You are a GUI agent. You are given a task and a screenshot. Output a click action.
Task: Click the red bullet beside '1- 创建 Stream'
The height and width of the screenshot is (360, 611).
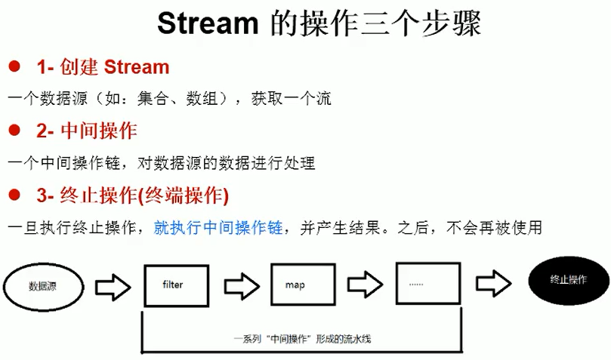[13, 67]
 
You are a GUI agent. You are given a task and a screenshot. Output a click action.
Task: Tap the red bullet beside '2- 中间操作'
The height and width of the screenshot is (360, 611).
[13, 131]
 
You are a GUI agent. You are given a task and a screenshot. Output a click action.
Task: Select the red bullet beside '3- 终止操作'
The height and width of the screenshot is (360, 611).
[13, 195]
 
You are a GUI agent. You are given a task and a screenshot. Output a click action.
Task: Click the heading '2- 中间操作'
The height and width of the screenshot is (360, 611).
[86, 131]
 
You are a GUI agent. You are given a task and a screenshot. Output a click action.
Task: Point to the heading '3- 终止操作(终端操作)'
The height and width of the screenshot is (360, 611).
[132, 196]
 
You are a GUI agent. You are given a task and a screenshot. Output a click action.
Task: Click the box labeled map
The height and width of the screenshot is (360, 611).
[301, 285]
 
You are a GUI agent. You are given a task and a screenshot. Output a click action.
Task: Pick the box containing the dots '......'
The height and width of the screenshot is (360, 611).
[428, 284]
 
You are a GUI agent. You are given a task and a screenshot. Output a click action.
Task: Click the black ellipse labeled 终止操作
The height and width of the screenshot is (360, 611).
[569, 280]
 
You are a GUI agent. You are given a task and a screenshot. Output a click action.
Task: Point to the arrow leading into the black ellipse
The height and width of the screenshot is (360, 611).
[495, 282]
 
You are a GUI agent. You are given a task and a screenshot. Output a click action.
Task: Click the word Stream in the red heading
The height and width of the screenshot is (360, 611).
[136, 67]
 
